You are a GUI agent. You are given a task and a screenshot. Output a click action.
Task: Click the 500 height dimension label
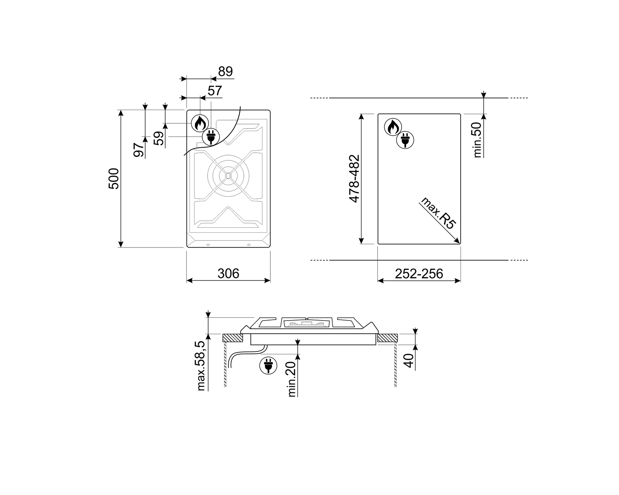click(x=113, y=179)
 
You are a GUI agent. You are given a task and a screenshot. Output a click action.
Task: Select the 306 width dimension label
click(x=228, y=273)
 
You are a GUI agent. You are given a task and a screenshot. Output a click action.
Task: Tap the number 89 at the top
click(x=225, y=71)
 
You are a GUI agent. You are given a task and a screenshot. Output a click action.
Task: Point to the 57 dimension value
click(x=215, y=91)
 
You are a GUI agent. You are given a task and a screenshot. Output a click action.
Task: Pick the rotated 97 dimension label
click(x=139, y=150)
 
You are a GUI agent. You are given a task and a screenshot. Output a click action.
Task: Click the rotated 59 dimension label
click(x=158, y=138)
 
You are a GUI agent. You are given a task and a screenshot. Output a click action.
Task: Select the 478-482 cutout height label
click(x=354, y=179)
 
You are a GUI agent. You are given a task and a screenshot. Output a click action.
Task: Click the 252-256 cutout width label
click(x=419, y=274)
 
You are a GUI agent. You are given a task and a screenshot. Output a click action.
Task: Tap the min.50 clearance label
click(x=477, y=140)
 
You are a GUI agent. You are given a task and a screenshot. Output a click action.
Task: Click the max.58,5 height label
click(x=201, y=365)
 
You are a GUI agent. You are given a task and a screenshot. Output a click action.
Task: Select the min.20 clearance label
click(x=291, y=379)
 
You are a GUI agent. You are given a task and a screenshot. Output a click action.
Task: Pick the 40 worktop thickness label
click(x=409, y=361)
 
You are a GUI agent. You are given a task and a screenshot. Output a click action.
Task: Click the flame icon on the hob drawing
click(x=200, y=123)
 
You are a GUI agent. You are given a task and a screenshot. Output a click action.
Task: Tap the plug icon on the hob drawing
click(x=211, y=137)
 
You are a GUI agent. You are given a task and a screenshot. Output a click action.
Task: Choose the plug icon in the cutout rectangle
click(x=405, y=140)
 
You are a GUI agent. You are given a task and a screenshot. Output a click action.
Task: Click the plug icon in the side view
click(x=268, y=365)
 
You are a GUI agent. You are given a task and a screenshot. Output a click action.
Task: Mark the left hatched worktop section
click(x=233, y=338)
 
